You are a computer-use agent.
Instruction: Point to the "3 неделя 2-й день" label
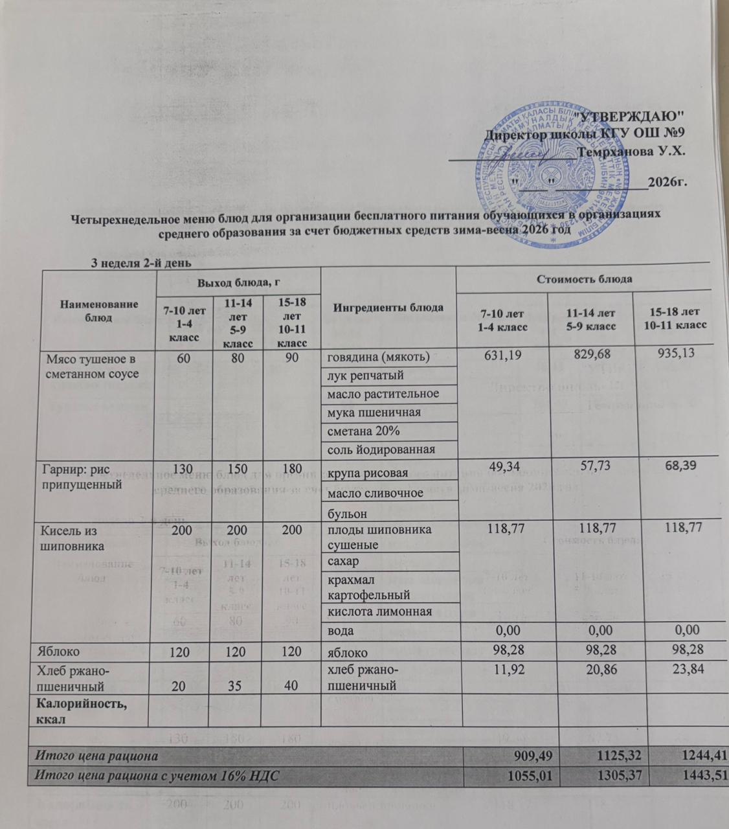coord(140,264)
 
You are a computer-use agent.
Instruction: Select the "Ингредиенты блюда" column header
coord(388,307)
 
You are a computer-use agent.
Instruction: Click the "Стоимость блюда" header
coord(584,279)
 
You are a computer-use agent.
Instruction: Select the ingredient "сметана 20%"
coord(363,431)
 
